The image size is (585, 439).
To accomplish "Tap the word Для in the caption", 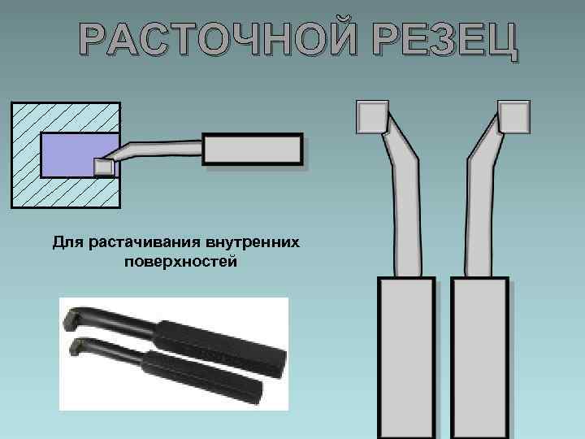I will (69, 242).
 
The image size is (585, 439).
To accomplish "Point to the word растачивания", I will (145, 242).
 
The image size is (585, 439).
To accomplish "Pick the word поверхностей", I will (180, 262).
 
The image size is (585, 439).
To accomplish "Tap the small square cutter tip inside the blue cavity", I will (103, 167).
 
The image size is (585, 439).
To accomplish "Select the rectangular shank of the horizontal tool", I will (253, 151).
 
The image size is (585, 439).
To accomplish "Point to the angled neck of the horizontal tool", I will (154, 151).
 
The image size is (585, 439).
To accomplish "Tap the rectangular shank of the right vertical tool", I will (479, 358).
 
